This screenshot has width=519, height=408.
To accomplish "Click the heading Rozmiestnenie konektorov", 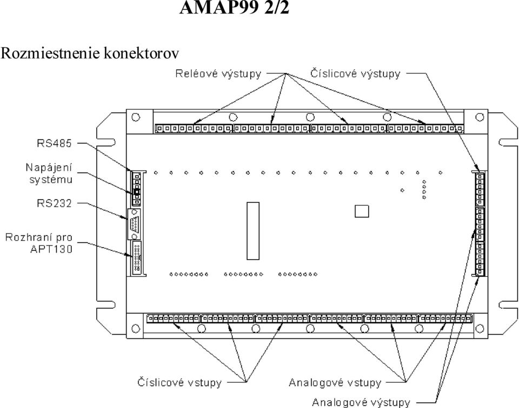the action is click(90, 53).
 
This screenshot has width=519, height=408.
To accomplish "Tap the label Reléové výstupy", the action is click(218, 74).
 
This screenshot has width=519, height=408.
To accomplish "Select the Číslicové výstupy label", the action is click(355, 73).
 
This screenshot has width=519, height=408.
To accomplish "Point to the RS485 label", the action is click(54, 143).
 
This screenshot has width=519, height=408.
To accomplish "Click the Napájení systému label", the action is click(49, 173).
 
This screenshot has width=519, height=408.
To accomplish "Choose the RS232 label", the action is click(54, 203).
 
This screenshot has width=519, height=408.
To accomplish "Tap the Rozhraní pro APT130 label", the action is click(39, 243).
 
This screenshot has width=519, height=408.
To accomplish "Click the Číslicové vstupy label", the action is click(179, 383).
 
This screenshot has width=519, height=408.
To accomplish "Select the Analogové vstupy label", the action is click(335, 383).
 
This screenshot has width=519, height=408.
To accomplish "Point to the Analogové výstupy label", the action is click(361, 403).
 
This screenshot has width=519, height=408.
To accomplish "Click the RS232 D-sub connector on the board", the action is click(134, 224).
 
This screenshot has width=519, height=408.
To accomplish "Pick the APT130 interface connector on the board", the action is click(137, 257).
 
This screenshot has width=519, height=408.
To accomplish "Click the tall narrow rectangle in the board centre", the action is click(253, 231).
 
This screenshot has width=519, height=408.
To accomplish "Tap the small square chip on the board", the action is click(362, 211).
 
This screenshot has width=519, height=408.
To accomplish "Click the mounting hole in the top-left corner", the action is click(136, 117).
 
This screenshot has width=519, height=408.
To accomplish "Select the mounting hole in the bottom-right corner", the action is click(480, 328).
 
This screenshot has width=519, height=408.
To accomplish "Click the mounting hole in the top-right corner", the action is click(480, 117).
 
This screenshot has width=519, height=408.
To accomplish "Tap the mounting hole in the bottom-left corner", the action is click(136, 328).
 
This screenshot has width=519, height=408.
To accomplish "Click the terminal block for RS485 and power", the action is click(136, 189).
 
